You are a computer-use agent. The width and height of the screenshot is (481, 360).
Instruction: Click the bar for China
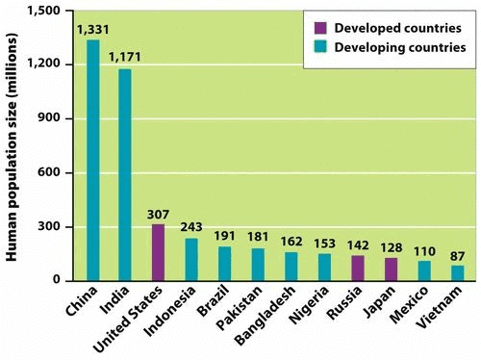tap(92, 160)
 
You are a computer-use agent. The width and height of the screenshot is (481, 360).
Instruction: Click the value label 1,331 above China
tap(92, 30)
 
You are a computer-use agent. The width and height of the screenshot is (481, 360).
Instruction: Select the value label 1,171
tap(125, 59)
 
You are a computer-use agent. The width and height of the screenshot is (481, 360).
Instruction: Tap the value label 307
tap(159, 215)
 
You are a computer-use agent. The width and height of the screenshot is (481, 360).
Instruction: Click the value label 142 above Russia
tap(358, 244)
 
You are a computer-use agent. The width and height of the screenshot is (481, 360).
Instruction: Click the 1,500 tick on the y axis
tap(41, 10)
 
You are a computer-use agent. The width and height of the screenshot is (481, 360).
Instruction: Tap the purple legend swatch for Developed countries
tap(316, 25)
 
